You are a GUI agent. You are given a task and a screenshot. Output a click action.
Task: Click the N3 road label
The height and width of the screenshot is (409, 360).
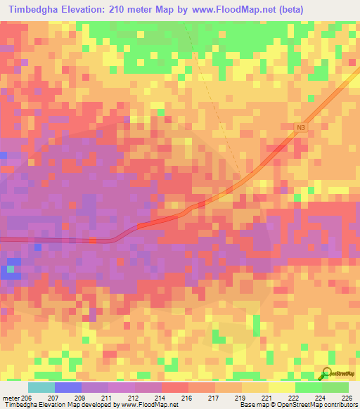[300, 127]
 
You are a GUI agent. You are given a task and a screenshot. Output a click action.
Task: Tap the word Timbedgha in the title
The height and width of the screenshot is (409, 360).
[32, 10]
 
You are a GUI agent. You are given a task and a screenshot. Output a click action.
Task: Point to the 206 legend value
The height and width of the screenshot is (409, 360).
[27, 398]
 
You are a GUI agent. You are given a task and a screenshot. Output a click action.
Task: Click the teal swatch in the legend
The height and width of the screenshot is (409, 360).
[41, 387]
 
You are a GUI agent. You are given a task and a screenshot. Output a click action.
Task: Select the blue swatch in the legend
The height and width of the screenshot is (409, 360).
[68, 387]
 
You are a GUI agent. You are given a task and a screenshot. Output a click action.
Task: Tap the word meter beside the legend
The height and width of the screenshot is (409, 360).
[9, 398]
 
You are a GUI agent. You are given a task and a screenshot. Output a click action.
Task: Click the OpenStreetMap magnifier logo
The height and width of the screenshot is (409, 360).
[327, 375]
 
